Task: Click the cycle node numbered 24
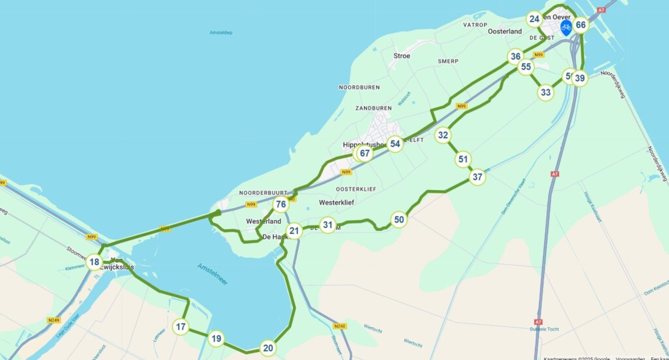click(534, 19)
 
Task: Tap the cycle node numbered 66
click(580, 25)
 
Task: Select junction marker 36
click(515, 56)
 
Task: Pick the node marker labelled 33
click(546, 92)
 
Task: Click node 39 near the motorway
click(579, 78)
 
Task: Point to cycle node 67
click(365, 154)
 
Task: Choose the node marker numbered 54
click(395, 144)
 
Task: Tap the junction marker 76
click(281, 205)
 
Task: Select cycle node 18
click(95, 263)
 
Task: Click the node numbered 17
click(181, 327)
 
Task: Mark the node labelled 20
click(267, 348)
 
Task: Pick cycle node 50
click(399, 220)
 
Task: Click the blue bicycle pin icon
click(566, 27)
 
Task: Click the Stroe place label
click(402, 56)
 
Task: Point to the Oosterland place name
click(505, 31)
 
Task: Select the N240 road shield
click(338, 326)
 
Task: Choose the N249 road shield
click(54, 320)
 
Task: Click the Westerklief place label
click(336, 203)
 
